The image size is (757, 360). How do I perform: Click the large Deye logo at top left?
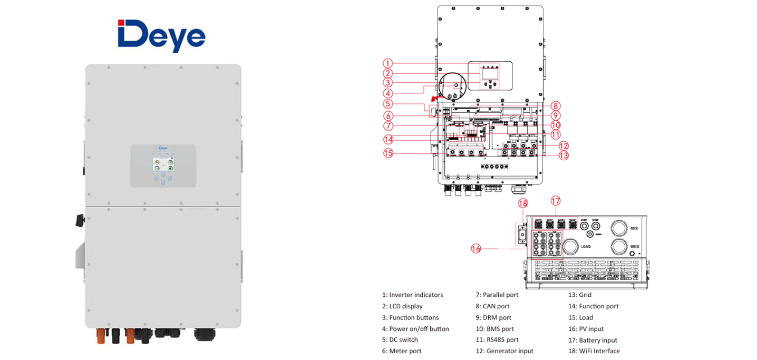[x=161, y=36]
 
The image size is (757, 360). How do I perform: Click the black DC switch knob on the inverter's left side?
[x=80, y=220]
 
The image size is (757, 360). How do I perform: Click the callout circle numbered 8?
[x=556, y=105]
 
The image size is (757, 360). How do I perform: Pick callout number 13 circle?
[x=564, y=155]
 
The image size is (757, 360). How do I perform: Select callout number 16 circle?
[x=476, y=248]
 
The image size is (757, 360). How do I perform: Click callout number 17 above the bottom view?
[x=556, y=201]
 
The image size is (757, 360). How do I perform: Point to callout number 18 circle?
[x=522, y=203]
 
